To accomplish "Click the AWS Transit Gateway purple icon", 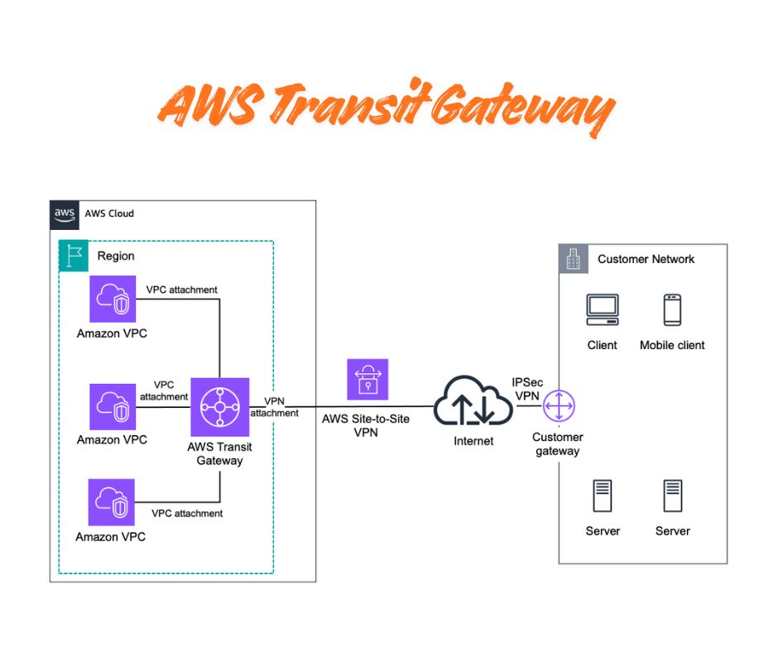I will point(220,406).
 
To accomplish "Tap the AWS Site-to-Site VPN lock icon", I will point(367,380).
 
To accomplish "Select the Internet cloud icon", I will point(473,402).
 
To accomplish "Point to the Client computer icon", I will point(602,309).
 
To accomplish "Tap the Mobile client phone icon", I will point(672,309).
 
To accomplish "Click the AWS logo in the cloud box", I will point(65,213).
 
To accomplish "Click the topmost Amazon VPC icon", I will point(113,299).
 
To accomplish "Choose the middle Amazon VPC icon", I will point(113,405).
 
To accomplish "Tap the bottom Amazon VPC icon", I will point(113,502).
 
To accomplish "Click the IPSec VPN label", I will point(528,390).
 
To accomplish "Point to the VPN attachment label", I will point(274,407).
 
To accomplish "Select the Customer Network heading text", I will point(646,259).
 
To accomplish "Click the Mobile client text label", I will point(672,345).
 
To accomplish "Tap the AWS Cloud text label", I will point(108,213).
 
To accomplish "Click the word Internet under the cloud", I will point(473,441).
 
